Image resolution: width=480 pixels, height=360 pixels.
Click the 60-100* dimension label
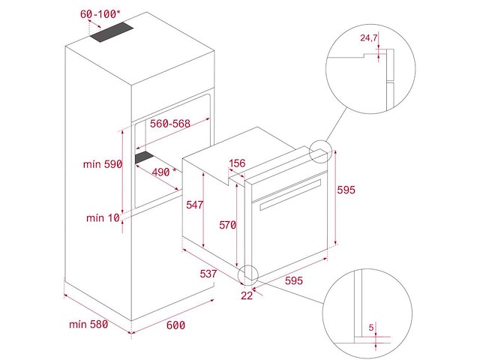100,13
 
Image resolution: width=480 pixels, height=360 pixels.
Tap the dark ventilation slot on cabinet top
112,32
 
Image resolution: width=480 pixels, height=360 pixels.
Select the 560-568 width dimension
170,124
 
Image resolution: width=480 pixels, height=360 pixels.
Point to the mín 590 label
103,164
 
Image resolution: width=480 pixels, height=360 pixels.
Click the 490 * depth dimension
164,172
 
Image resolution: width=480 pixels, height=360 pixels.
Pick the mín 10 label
103,218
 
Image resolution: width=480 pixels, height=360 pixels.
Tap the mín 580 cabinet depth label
88,324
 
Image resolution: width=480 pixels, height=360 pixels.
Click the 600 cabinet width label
175,325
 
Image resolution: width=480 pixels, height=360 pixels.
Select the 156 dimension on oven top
237,163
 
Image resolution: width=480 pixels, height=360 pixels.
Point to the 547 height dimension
195,205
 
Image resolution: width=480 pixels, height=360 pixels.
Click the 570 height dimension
227,225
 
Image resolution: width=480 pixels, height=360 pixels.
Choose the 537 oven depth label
208,273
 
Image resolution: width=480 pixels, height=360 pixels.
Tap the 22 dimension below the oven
247,295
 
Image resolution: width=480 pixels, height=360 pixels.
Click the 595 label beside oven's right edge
346,190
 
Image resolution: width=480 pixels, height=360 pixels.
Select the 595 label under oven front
294,280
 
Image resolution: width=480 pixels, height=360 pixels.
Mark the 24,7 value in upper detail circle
368,38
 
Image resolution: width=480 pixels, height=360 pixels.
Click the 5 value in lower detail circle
371,328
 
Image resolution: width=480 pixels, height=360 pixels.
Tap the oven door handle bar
290,195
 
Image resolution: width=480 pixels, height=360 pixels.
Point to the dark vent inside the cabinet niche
144,157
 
